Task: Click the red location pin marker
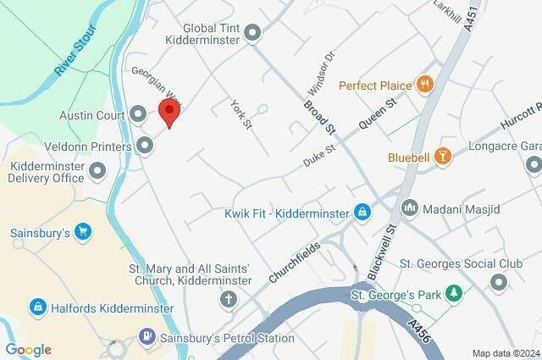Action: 170,113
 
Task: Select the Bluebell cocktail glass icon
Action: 440,156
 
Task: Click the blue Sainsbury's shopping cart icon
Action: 82,231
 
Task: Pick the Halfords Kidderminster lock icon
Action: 36,305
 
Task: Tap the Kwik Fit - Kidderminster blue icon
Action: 362,211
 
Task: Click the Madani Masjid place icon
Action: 410,207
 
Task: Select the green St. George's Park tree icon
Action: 456,293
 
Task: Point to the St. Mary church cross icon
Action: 229,299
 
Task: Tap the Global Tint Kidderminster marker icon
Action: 252,33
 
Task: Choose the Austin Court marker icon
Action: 138,114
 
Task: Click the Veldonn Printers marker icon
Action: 145,147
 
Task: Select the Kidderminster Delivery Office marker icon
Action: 97,172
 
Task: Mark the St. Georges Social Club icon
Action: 498,282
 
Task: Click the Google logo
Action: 28,349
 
